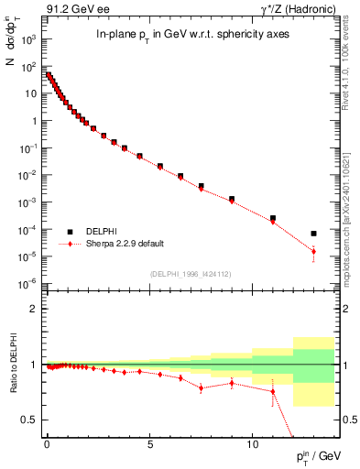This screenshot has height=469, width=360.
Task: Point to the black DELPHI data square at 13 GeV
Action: click(x=313, y=234)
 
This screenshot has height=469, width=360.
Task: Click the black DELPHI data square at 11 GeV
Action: click(x=272, y=218)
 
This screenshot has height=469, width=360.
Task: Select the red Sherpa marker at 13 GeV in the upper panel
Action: click(x=313, y=251)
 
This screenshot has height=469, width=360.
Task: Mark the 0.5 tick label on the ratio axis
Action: click(x=29, y=420)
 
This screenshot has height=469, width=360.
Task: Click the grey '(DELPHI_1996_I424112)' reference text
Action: click(x=190, y=274)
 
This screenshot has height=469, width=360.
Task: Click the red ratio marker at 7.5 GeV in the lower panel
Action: click(x=201, y=387)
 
